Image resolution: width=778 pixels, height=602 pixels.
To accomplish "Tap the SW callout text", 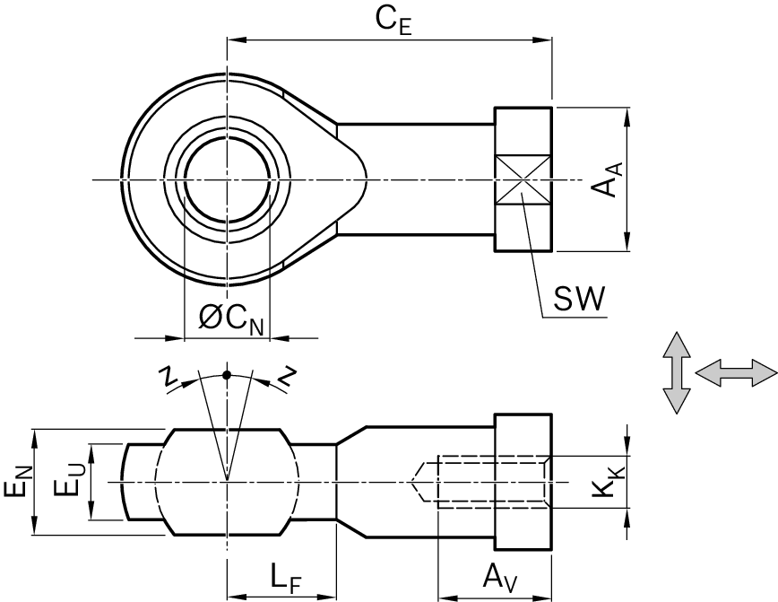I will click(578, 299).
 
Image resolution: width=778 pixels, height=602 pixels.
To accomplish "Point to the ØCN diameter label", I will click(231, 318).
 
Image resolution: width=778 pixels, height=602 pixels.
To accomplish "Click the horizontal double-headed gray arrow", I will click(735, 373).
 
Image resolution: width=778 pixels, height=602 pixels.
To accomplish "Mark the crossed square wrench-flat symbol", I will click(523, 180).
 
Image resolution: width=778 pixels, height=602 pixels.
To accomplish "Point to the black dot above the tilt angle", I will click(227, 374).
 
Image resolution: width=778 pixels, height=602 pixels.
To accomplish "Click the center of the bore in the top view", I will click(227, 180).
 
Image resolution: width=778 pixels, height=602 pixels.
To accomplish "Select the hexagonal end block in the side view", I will click(523, 483).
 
